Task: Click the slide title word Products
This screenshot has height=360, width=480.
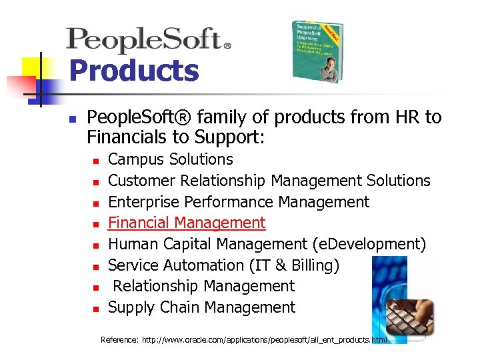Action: pos(134,70)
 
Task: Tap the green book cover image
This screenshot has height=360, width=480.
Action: pos(318,51)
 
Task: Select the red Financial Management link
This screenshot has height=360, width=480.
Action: pos(187,223)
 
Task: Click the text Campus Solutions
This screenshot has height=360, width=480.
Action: pos(171,159)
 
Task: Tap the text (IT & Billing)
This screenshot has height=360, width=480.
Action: pos(294,265)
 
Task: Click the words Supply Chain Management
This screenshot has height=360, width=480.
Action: pos(201,307)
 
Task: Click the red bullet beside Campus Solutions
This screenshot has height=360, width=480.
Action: pos(96,161)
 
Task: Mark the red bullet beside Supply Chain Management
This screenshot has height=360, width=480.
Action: pos(96,309)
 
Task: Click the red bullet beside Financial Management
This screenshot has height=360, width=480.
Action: pos(96,224)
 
